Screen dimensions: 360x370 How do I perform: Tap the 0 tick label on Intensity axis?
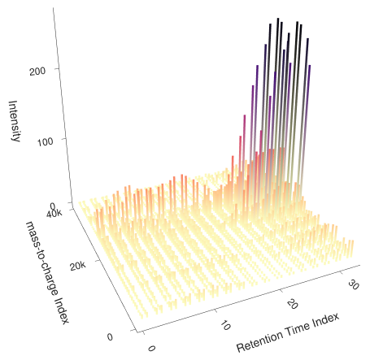(51, 206)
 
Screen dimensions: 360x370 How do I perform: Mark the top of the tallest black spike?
(277, 18)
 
